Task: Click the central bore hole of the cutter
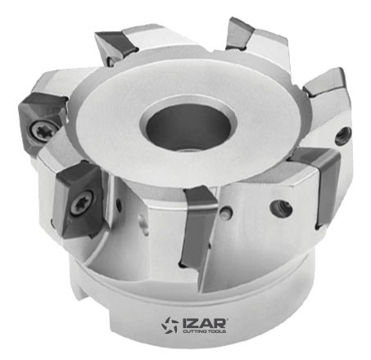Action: point(188,126)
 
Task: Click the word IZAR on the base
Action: point(205,323)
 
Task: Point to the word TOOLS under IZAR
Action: point(217,331)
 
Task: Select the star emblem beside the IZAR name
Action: point(170,325)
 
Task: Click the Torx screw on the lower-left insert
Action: point(81,204)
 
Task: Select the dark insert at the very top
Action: point(240,34)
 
